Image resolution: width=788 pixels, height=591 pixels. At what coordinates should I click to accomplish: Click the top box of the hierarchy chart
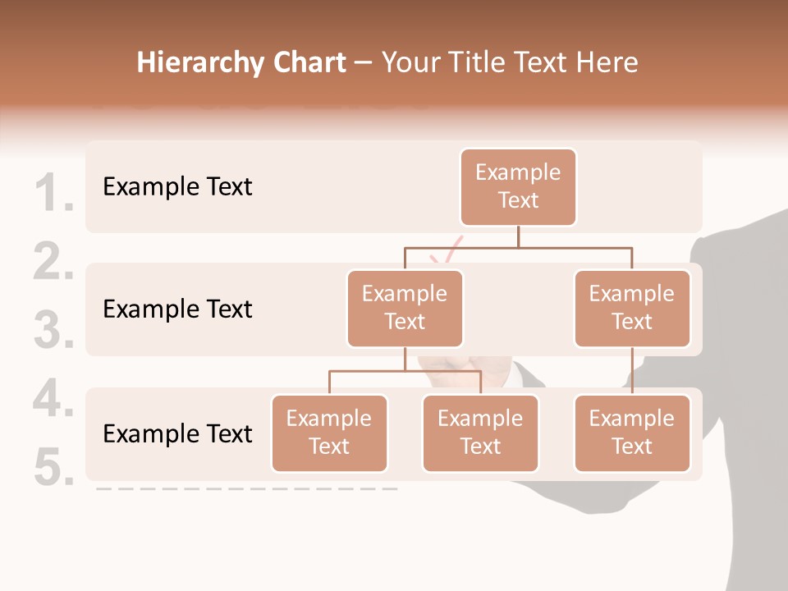click(518, 186)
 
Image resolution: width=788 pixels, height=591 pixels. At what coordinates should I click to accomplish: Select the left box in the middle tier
click(405, 308)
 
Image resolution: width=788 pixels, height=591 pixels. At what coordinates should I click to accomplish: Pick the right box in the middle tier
click(632, 308)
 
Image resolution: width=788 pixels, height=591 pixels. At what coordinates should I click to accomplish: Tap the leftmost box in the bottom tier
click(329, 433)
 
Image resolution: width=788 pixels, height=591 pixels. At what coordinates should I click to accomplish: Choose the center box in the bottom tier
click(480, 433)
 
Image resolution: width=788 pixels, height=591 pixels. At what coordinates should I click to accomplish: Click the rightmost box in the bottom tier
click(632, 433)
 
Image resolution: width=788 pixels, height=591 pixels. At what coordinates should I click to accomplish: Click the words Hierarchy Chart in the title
click(241, 62)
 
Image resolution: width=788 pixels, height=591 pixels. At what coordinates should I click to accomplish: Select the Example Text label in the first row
click(177, 186)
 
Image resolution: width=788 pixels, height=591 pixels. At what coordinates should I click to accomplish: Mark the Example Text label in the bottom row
click(177, 433)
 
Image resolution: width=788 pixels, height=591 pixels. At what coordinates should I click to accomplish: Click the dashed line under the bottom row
click(246, 488)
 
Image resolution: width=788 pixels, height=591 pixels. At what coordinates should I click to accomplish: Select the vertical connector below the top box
click(518, 236)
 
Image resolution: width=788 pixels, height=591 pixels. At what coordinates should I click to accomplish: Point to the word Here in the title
click(607, 62)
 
